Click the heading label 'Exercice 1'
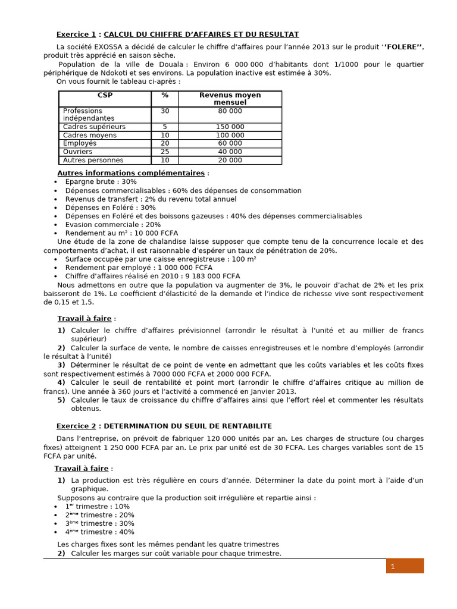[x=76, y=34]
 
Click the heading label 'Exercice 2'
[x=76, y=426]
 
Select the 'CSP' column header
[x=105, y=95]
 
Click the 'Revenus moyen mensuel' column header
[x=230, y=99]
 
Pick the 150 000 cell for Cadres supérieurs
[x=230, y=127]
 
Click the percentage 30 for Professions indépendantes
[x=165, y=111]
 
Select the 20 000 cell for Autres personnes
[x=230, y=160]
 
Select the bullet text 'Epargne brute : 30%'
[x=101, y=181]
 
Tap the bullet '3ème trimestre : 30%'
[x=99, y=523]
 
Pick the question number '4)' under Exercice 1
[x=61, y=382]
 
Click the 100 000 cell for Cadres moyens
[x=230, y=135]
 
